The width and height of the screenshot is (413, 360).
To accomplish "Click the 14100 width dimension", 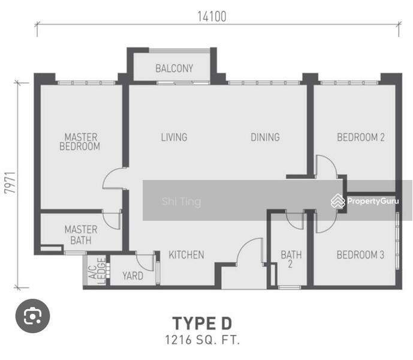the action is point(212,17).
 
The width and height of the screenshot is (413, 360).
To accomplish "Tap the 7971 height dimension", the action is point(10,183).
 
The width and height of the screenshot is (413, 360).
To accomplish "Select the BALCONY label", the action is point(174,68).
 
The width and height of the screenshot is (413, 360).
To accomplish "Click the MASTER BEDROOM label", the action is point(80,142).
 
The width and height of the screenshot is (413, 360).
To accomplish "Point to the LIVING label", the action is point(174,137).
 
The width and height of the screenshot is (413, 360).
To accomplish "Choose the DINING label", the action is point(265,137).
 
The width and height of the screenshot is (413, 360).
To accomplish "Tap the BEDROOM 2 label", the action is point(361,137).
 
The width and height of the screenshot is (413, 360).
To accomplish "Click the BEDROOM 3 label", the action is point(360,255).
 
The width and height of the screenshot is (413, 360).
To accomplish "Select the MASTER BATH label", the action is point(81,235).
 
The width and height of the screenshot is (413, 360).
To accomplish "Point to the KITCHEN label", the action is point(186,255).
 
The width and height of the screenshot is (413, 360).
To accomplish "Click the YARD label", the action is point(132,276).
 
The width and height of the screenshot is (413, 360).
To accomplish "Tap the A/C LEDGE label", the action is point(97,271).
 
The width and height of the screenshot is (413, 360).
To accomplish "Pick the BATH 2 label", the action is point(291,259).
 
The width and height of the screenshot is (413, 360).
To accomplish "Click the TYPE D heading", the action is point(202,323).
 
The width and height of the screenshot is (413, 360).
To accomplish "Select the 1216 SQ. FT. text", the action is point(202,340).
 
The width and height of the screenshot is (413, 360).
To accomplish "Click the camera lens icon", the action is point(32,316).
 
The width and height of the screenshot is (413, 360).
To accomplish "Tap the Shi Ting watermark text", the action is point(182,202).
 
